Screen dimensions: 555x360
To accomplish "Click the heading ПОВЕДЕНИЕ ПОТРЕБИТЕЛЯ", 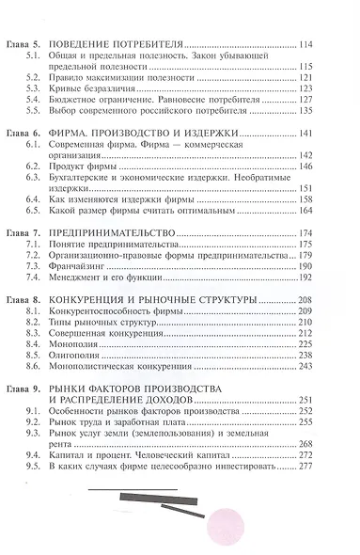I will [x=128, y=44].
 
